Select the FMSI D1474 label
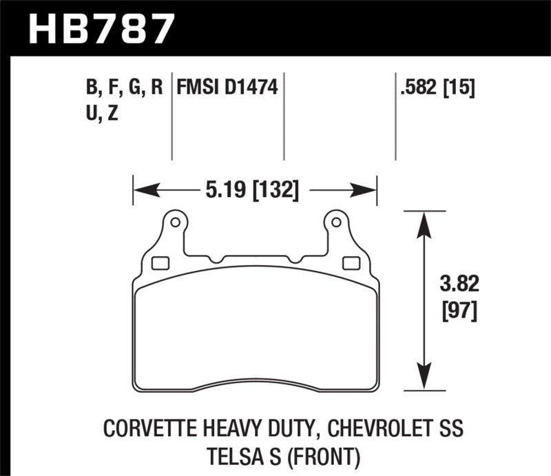[227, 87]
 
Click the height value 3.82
[455, 285]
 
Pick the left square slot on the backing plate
[160, 262]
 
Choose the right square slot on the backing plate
[350, 262]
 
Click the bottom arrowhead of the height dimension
[423, 386]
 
